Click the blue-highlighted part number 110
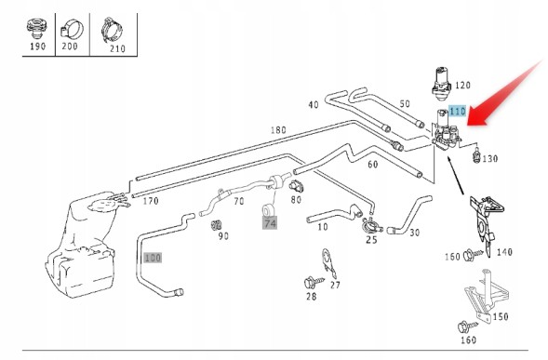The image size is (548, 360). point(458,112)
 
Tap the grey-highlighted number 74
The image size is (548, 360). point(270,223)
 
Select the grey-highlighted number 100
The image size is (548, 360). point(153,258)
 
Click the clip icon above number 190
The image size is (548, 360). point(36,29)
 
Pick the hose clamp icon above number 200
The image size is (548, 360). point(72,29)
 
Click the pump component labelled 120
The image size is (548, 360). point(441,81)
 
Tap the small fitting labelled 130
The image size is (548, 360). point(475,155)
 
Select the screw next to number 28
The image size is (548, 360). point(314,282)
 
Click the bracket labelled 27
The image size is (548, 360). point(328,264)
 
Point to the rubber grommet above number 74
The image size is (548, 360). point(268,211)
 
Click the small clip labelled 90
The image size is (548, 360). point(217,226)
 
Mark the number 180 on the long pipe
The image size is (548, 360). point(278,130)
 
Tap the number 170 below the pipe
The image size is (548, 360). point(151,201)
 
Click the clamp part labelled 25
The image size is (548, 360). point(371,226)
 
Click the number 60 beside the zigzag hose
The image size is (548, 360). point(373,164)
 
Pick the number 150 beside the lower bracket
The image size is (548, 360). point(501,316)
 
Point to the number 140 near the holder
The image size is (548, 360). point(504,252)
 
